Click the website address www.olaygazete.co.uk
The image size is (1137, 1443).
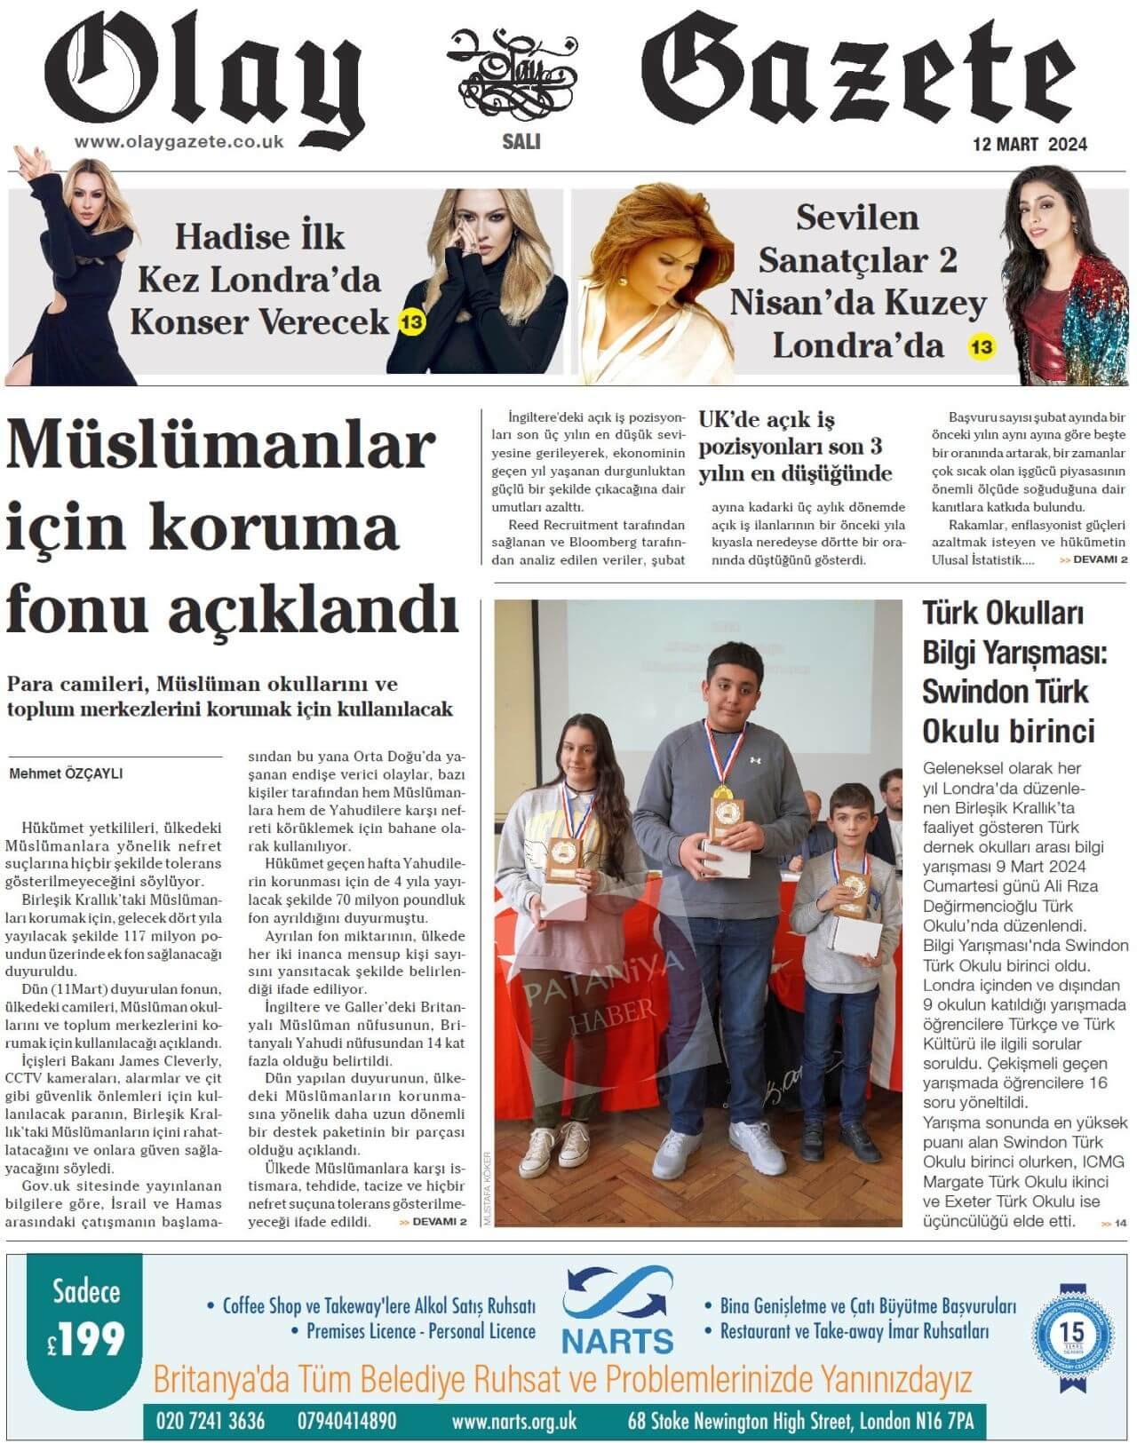(x=179, y=141)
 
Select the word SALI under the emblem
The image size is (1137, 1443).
(x=521, y=141)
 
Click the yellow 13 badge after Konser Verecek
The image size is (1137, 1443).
(x=411, y=322)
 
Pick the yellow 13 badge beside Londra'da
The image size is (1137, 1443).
(x=981, y=346)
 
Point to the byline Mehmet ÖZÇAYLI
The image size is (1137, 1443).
(x=66, y=773)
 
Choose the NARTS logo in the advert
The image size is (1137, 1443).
(x=617, y=1312)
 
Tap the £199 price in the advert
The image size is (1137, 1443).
(x=86, y=1340)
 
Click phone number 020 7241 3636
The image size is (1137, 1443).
(x=210, y=1422)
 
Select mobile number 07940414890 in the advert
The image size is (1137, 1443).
(x=347, y=1422)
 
